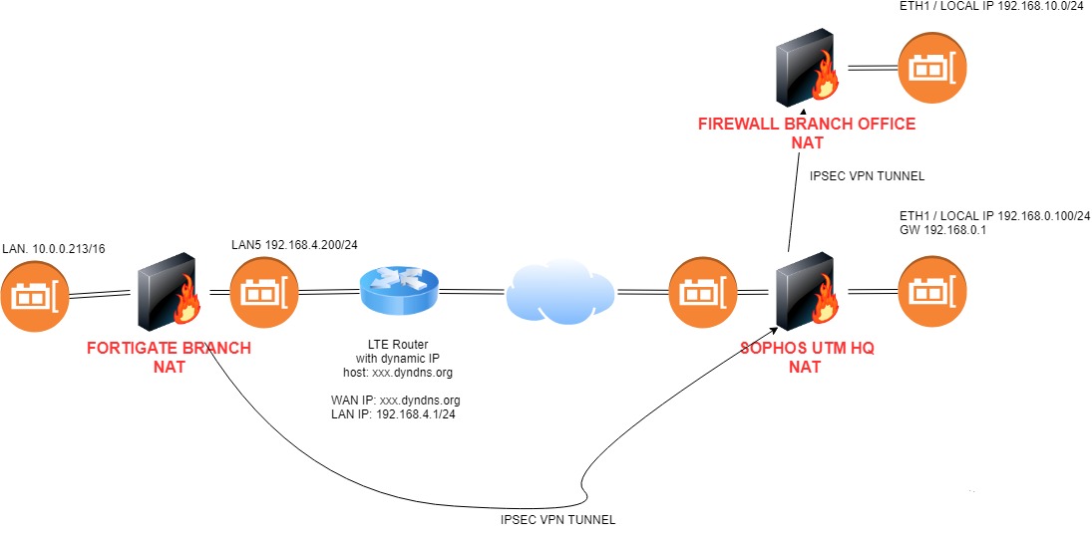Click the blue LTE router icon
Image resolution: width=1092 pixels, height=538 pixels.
coord(399,292)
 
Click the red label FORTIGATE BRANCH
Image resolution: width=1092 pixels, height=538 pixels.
coord(169,349)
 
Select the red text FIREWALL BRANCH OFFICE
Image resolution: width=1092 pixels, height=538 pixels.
coord(805,125)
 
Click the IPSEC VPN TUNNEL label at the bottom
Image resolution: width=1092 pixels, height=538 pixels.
coord(557,520)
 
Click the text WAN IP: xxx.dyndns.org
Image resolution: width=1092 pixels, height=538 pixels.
coord(396,401)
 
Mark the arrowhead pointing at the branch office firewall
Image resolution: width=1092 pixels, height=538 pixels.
coord(801,112)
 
